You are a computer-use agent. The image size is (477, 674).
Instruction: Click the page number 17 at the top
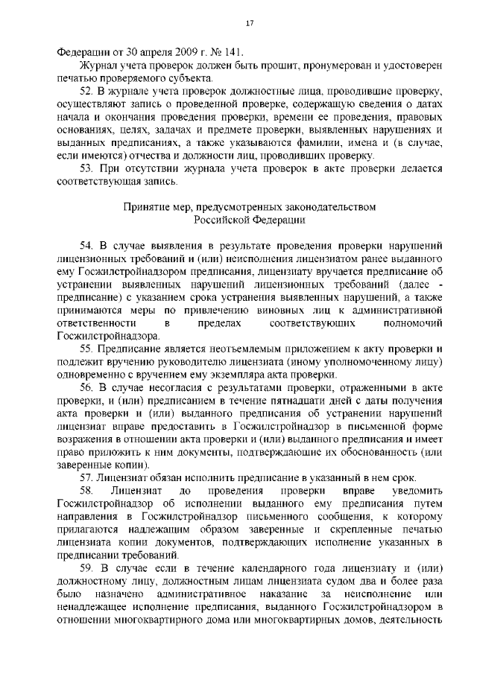pos(250,25)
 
